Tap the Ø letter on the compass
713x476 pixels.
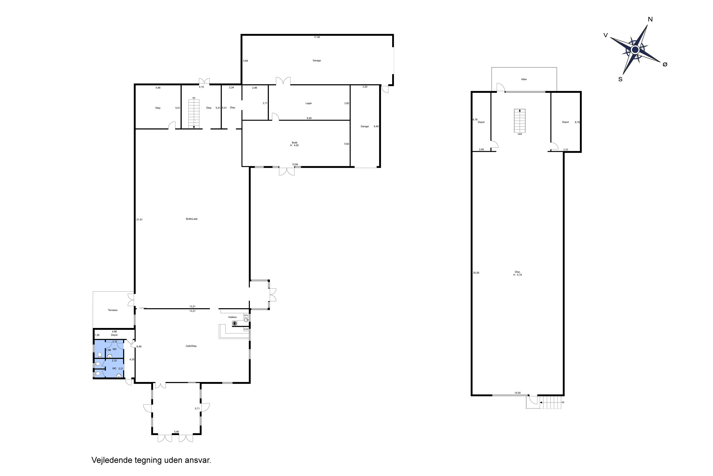coord(665,64)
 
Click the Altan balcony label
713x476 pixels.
coord(524,79)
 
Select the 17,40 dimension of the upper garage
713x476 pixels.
coord(317,37)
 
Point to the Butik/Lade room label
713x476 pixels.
coord(192,219)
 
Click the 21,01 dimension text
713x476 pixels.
coord(140,219)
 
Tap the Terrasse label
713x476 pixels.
coord(112,310)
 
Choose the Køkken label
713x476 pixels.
coord(232,317)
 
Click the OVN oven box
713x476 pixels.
coord(246,329)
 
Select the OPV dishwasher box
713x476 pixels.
coord(246,315)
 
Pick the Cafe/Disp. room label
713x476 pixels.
coord(191,346)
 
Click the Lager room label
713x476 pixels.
coord(308,103)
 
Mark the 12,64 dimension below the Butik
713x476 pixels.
coord(295,164)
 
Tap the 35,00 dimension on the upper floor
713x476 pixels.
coord(476,273)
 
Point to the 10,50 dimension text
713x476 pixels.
coord(517,393)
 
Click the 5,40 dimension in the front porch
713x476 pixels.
coord(176,432)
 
